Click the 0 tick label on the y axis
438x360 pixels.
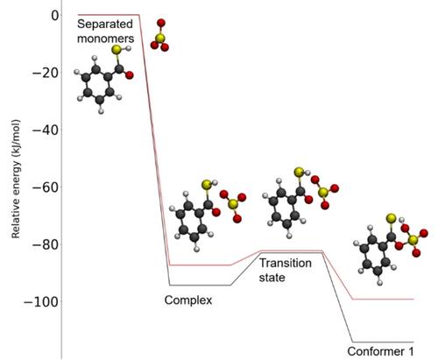[x=55, y=15]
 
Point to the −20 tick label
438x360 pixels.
[x=46, y=73]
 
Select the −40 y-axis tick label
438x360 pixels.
[x=46, y=130]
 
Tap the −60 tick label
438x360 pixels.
[x=46, y=187]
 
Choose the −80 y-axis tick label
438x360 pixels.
[x=46, y=244]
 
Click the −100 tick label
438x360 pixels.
[x=41, y=301]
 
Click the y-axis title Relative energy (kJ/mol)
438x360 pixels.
[x=16, y=179]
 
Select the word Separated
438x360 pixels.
[x=105, y=24]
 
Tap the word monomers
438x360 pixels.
[x=106, y=39]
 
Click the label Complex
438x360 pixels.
[x=188, y=300]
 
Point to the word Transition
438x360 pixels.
[x=286, y=263]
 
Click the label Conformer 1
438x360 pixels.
[x=380, y=351]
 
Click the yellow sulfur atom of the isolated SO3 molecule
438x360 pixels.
[x=160, y=38]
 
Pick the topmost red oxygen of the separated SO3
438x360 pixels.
[x=161, y=23]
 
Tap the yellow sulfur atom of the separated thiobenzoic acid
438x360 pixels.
[x=116, y=49]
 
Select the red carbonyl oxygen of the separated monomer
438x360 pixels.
[x=130, y=75]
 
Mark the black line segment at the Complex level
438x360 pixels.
[x=200, y=285]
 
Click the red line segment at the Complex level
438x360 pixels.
[x=200, y=265]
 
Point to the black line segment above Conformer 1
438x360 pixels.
[x=383, y=342]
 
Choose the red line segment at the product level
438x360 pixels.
[x=383, y=300]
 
